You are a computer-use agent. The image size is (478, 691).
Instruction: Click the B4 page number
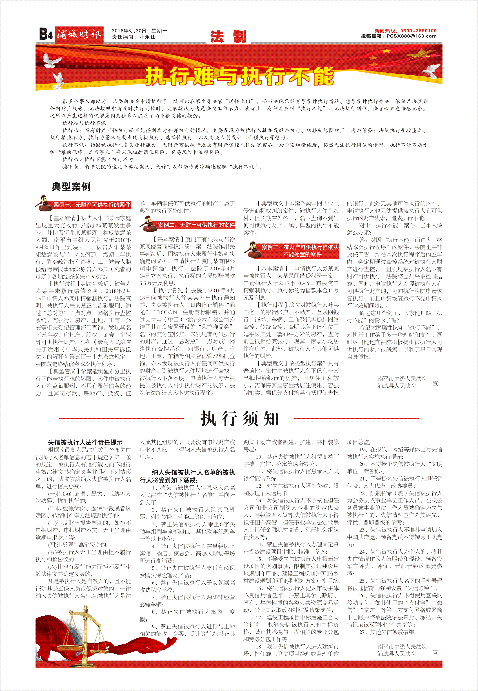[x=46, y=34]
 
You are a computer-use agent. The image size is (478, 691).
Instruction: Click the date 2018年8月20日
[x=129, y=31]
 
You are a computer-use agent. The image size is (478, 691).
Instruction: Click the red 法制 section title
[x=228, y=37]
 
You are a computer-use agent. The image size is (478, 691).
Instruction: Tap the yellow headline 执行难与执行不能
[x=240, y=76]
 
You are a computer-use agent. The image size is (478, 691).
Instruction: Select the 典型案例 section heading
[x=71, y=186]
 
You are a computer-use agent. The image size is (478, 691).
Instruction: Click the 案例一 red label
[x=91, y=205]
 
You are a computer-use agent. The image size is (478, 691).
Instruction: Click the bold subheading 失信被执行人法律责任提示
[x=85, y=442]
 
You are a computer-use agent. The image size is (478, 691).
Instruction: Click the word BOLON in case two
[x=167, y=312]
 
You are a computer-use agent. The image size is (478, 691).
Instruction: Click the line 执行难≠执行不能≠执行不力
[x=98, y=159]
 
